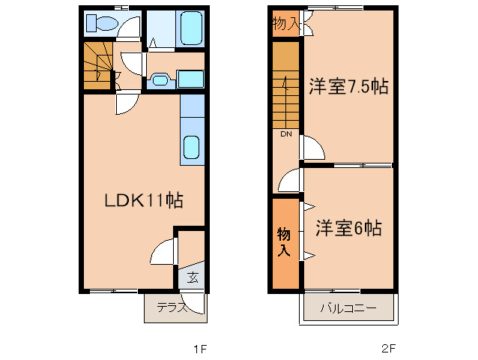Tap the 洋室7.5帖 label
click(348, 86)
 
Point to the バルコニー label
click(348, 308)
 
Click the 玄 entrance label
click(193, 278)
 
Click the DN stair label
click(286, 134)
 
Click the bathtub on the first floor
click(192, 31)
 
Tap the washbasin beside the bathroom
click(159, 79)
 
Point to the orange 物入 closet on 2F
click(285, 241)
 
